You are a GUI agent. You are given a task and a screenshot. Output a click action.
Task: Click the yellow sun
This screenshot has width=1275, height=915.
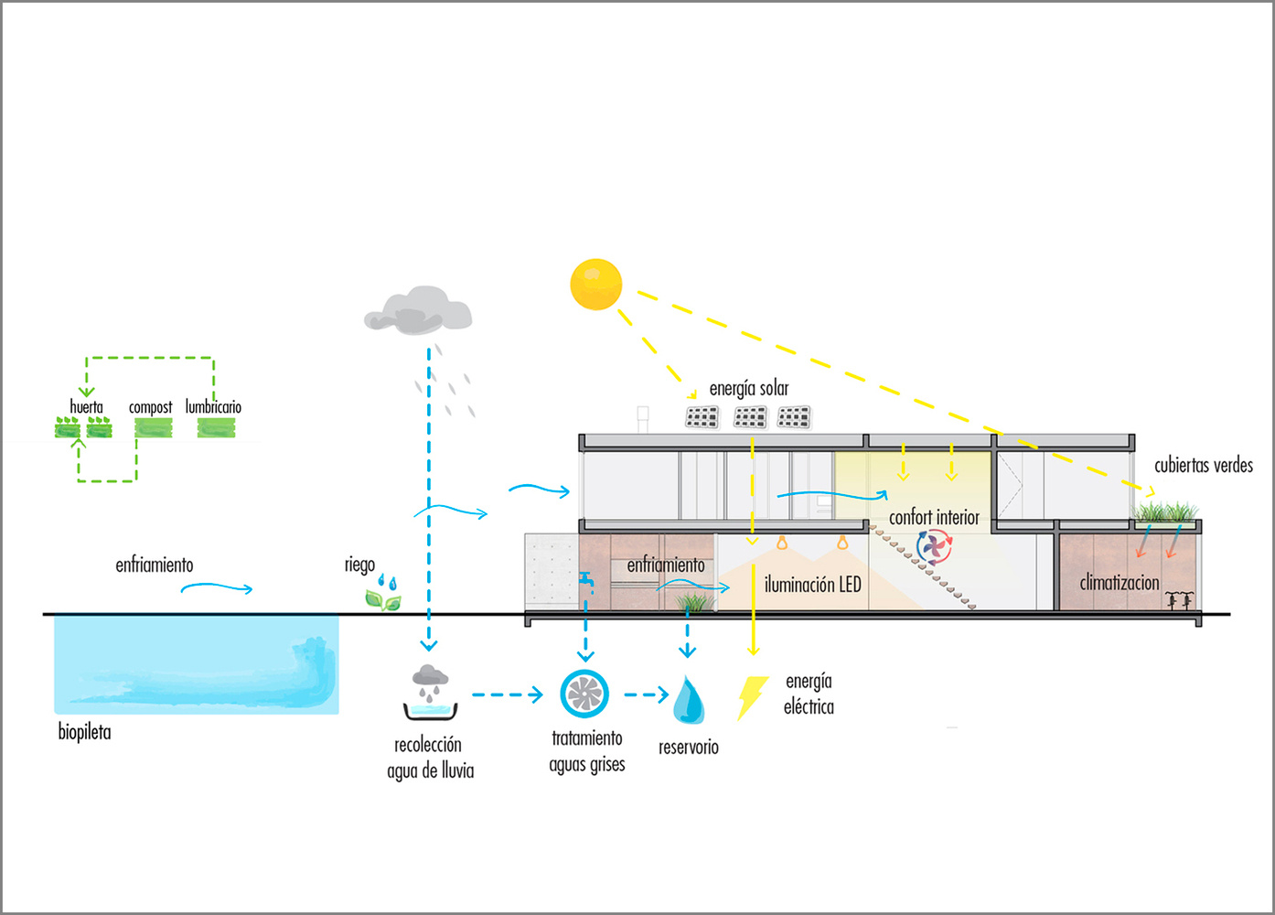pos(596,285)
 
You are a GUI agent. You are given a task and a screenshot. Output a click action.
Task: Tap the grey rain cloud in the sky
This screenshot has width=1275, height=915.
pos(418,311)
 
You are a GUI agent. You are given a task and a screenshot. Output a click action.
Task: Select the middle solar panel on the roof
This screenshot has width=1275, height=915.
pos(750,418)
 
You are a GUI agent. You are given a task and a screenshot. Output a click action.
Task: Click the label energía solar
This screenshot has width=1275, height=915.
pos(748,389)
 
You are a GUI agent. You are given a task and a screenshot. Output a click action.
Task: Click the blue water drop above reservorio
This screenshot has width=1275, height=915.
pos(688,700)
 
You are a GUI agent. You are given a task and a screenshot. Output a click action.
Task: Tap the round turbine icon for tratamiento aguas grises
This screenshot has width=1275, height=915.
pos(584,694)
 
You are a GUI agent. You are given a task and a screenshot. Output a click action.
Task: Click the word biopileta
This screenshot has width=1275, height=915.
pos(84,732)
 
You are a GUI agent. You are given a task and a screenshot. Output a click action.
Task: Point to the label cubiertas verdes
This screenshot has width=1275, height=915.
pos(1203,465)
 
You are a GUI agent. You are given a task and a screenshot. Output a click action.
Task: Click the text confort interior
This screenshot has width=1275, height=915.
pos(934,518)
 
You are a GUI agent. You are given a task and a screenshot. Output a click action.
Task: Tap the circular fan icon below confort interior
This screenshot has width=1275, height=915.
pos(934,547)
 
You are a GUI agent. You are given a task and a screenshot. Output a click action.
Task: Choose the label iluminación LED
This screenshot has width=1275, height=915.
pos(812,585)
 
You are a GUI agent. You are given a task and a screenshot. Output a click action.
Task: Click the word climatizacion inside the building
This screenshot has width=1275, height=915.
pos(1119,583)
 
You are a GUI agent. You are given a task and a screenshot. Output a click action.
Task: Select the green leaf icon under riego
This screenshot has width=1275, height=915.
pos(382,600)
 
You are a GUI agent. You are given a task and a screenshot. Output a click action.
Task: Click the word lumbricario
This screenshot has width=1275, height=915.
pos(213,406)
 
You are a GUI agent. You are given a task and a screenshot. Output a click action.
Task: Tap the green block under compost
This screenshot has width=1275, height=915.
pos(153,427)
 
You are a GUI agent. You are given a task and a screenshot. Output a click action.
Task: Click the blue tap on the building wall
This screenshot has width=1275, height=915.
pos(585,580)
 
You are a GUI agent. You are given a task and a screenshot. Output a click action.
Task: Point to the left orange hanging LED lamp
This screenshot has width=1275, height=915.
pos(782,543)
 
